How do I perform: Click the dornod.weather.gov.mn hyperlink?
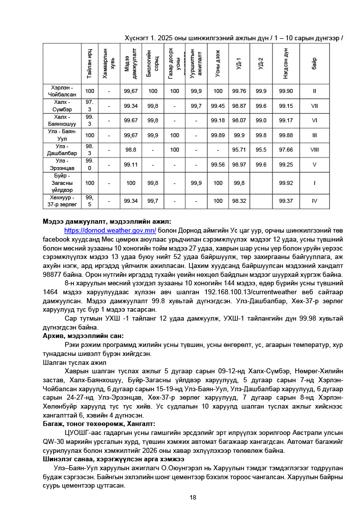click(110, 231)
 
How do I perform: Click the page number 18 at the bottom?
click(193, 498)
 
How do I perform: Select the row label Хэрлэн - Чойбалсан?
click(62, 91)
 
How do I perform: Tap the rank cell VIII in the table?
click(314, 150)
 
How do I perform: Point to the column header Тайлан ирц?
click(90, 64)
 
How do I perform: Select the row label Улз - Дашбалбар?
click(62, 150)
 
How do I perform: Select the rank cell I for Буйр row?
click(314, 183)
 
